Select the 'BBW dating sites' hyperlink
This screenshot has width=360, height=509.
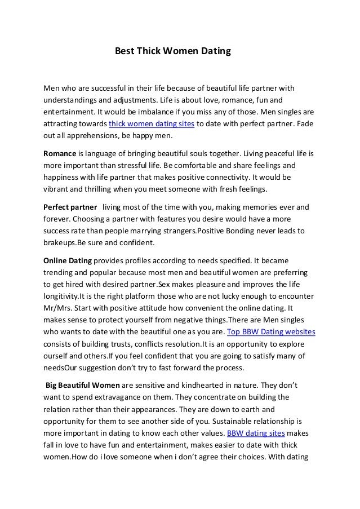(x=255, y=433)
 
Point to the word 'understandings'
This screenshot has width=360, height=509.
(x=72, y=100)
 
